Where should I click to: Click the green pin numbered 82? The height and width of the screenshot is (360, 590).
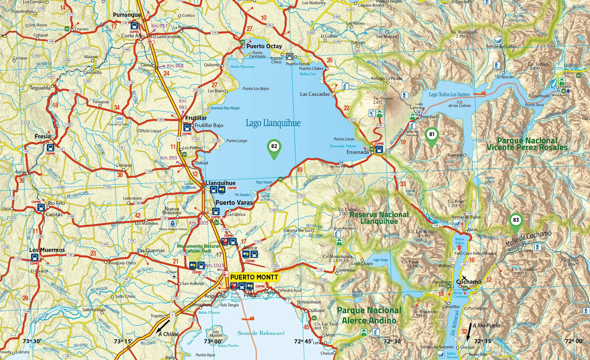(x=274, y=147)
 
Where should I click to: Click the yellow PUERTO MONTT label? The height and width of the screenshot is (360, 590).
(x=254, y=277)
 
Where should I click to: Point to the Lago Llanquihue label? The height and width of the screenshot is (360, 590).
(x=273, y=123)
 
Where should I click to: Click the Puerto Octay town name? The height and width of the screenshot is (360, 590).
(x=264, y=46)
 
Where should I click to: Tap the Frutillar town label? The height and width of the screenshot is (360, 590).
(x=195, y=118)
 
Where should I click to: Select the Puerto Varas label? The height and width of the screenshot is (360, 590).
(x=234, y=203)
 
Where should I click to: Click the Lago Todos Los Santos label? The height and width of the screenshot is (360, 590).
(x=449, y=94)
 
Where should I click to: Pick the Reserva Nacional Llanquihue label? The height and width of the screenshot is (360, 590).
(x=379, y=218)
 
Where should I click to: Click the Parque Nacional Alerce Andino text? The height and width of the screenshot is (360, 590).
(x=369, y=316)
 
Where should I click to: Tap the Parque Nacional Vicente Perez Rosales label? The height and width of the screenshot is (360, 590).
(x=527, y=144)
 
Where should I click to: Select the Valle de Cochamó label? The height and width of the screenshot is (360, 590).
(x=529, y=239)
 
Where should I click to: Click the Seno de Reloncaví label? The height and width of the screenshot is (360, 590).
(x=261, y=333)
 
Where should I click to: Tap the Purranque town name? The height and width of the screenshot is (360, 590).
(x=127, y=15)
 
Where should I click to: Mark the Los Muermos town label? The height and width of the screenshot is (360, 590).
(x=47, y=250)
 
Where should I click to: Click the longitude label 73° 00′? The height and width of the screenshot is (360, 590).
(x=213, y=342)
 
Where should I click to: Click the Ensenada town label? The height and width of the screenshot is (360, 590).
(x=358, y=152)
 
